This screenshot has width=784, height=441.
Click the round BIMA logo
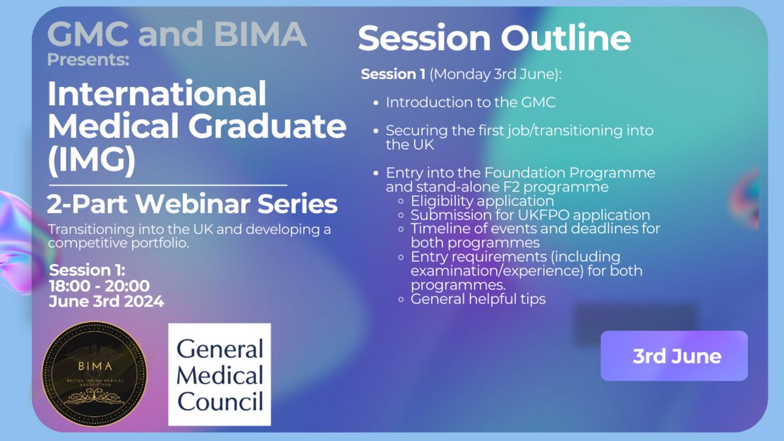(95, 374)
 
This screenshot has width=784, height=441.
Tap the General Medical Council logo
(220, 374)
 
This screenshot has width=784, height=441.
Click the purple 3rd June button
(674, 355)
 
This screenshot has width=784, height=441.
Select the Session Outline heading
(494, 38)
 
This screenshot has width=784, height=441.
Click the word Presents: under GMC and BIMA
(88, 59)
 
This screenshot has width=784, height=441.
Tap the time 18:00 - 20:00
(99, 286)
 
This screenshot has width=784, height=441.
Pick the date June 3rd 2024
(106, 301)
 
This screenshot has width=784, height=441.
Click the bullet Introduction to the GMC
(470, 103)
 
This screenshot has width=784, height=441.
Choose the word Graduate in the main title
(267, 126)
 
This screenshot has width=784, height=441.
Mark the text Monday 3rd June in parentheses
(493, 74)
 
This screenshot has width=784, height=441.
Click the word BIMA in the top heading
(261, 33)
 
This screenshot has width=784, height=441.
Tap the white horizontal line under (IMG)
(168, 185)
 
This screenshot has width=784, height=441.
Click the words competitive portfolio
(118, 243)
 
